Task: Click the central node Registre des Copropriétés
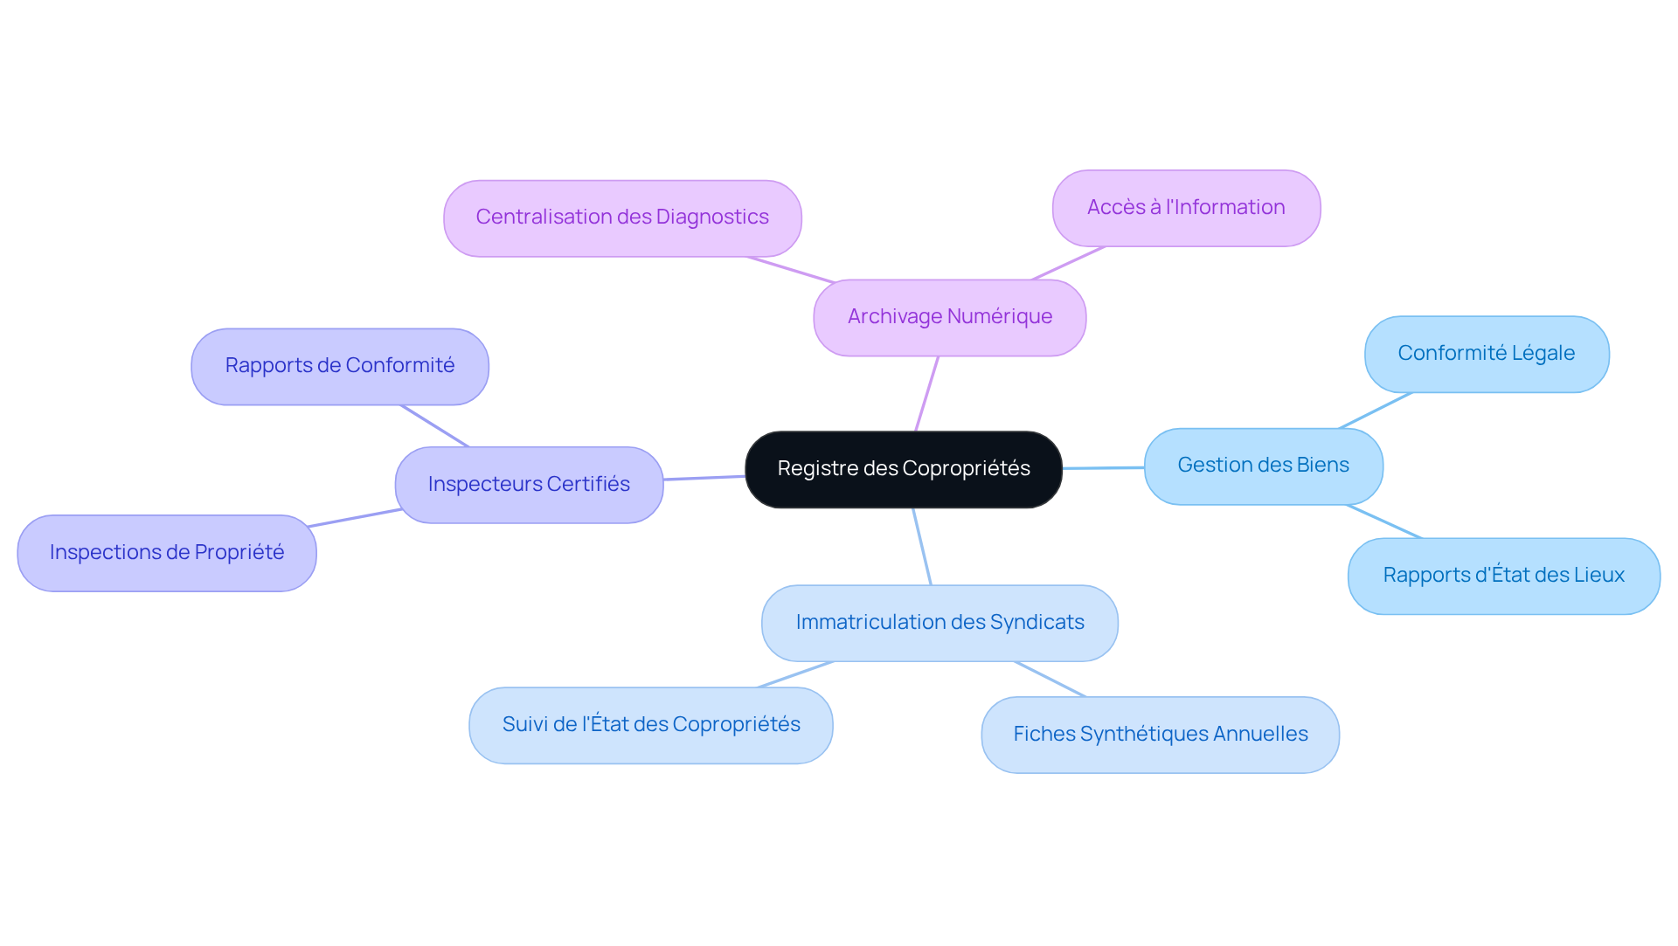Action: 903,469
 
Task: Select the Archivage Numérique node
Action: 949,317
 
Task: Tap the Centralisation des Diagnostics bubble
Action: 622,218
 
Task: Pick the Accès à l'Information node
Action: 1186,208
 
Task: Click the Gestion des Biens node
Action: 1263,466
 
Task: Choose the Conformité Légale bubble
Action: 1486,354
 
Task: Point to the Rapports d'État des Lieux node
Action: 1503,576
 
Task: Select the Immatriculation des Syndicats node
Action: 940,623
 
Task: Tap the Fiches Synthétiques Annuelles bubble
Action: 1160,735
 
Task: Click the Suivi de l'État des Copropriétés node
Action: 650,725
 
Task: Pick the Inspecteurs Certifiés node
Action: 529,485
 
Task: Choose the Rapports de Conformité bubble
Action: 339,366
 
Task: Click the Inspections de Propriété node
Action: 166,553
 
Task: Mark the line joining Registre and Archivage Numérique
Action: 926,393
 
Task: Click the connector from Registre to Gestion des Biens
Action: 1103,468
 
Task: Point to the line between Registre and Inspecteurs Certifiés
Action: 704,478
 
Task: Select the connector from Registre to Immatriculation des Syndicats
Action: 922,547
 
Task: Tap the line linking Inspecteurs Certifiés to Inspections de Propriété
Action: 355,518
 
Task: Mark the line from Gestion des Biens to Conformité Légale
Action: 1375,411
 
